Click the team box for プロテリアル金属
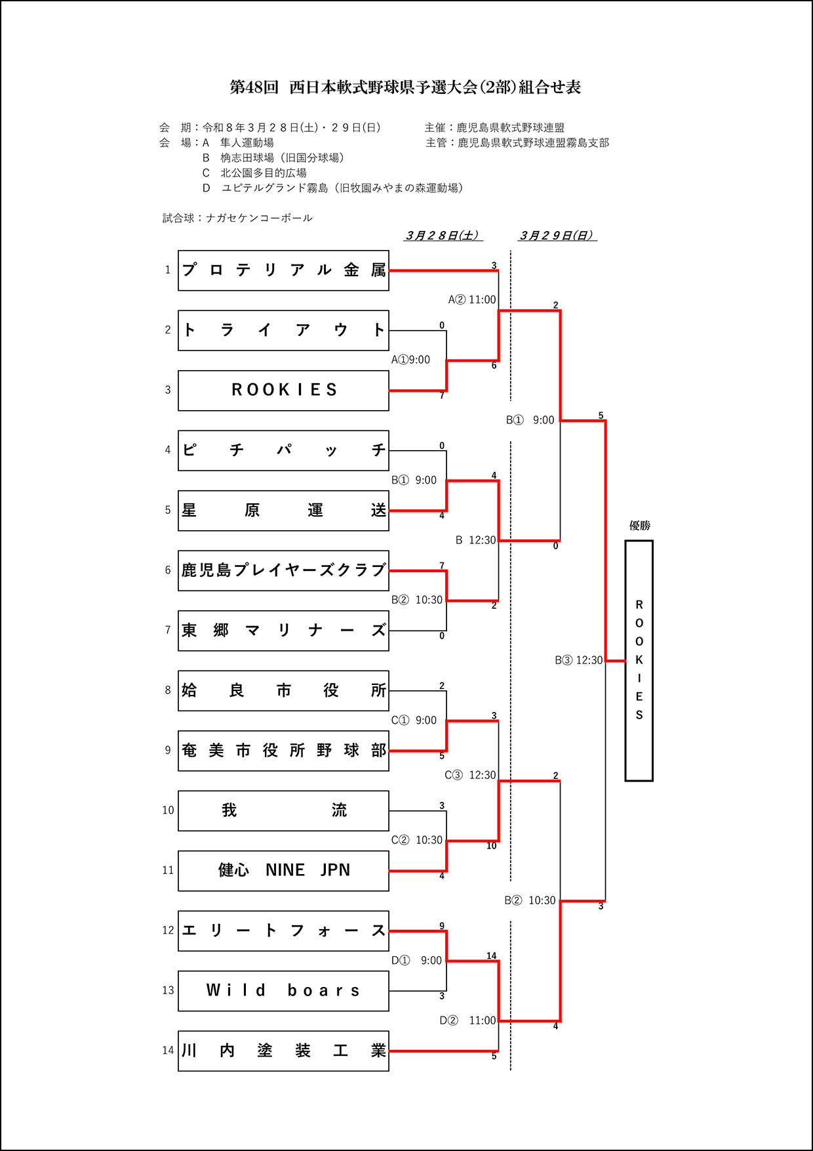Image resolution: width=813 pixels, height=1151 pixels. (x=283, y=270)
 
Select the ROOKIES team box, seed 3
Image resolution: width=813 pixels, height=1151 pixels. (x=283, y=390)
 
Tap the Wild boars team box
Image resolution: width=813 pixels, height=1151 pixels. (x=283, y=991)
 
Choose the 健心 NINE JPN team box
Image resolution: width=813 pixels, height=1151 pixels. (x=283, y=871)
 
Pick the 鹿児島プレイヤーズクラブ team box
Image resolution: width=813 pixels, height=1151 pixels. (x=283, y=570)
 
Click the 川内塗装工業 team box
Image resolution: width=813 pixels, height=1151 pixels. (x=283, y=1051)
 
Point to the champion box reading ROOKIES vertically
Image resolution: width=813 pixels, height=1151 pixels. (x=639, y=660)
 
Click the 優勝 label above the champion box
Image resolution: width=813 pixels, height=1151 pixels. (x=639, y=526)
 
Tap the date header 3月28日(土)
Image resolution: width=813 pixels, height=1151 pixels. (x=443, y=236)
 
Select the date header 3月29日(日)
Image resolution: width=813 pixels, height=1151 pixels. (x=557, y=236)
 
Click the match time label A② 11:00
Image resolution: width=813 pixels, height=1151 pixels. (x=472, y=300)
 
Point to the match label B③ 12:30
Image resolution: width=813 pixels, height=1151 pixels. (x=578, y=660)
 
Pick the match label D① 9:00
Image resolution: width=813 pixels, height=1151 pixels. (x=416, y=961)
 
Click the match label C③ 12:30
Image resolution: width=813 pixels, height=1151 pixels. (x=470, y=775)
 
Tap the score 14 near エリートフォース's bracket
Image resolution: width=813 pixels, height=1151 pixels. (x=491, y=956)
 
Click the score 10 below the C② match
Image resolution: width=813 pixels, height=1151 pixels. (x=491, y=847)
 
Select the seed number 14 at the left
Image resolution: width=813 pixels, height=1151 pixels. (x=168, y=1051)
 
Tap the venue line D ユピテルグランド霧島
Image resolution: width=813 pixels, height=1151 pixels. (x=332, y=188)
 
